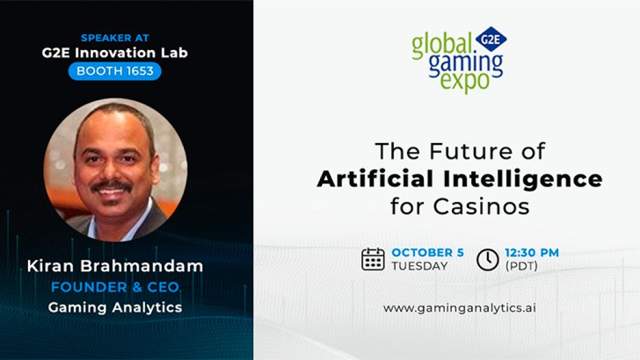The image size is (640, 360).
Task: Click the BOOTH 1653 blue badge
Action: pos(115,71)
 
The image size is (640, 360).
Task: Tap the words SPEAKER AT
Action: pos(115,38)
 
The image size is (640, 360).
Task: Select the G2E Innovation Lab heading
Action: pos(115,53)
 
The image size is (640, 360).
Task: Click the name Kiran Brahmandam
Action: pos(115,266)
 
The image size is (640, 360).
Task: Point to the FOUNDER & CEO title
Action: pos(115,287)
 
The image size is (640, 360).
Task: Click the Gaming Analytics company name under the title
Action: pos(115,307)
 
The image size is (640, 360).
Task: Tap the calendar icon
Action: pos(373,259)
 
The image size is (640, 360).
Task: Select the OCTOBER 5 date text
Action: pos(427,252)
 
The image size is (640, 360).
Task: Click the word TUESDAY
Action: pos(419,266)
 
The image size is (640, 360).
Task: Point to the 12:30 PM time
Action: pos(531,252)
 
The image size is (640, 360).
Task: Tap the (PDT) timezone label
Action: pos(521,266)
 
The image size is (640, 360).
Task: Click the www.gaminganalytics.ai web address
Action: pos(459,307)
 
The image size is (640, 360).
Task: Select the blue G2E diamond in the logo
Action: pos(491,39)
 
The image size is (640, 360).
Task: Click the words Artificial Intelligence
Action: pos(459,179)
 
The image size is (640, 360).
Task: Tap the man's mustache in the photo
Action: pos(111,186)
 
